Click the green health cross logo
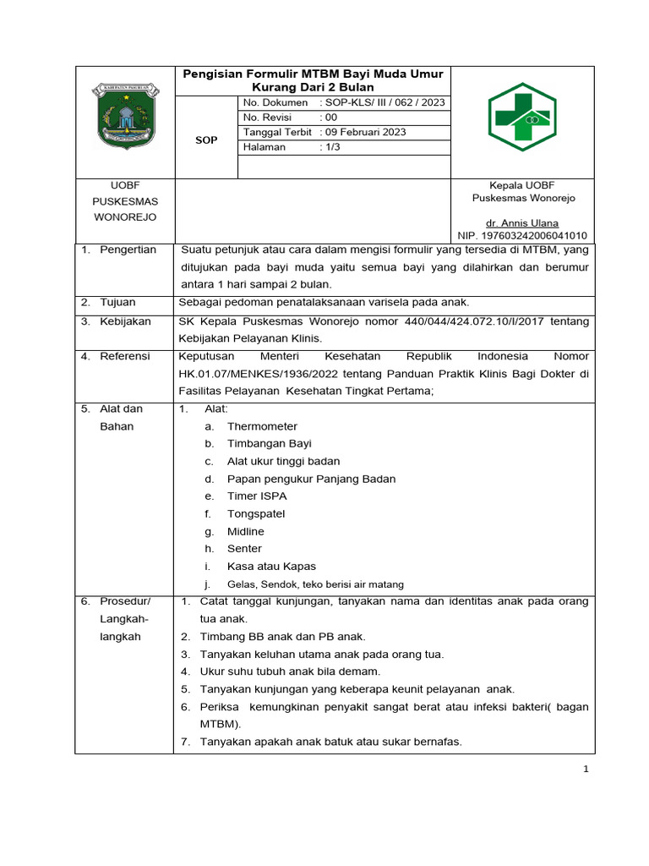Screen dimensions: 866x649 click(521, 118)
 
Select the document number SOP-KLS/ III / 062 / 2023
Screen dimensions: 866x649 click(382, 103)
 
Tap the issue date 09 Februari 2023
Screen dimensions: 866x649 click(363, 132)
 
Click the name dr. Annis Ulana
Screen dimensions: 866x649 click(521, 222)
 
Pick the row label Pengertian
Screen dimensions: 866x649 click(128, 249)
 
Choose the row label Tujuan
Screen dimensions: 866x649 click(118, 302)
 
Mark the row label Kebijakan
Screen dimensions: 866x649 click(125, 322)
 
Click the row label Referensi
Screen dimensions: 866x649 click(125, 356)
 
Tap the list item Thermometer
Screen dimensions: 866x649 click(262, 426)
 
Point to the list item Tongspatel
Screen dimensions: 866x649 click(256, 513)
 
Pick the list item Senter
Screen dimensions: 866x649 click(244, 549)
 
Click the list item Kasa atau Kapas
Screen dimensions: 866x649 click(271, 567)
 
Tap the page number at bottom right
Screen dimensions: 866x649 click(584, 769)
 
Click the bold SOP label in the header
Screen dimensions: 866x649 click(206, 140)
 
